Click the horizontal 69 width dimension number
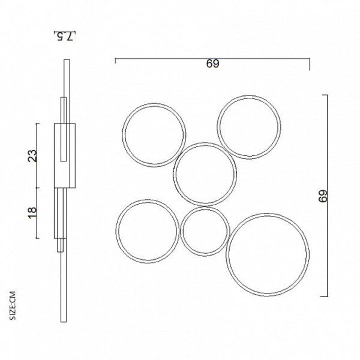(x=212, y=64)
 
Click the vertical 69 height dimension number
(x=323, y=196)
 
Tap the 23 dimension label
(x=32, y=155)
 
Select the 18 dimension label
(x=32, y=212)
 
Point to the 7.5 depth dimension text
(x=65, y=36)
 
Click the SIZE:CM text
(x=13, y=305)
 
